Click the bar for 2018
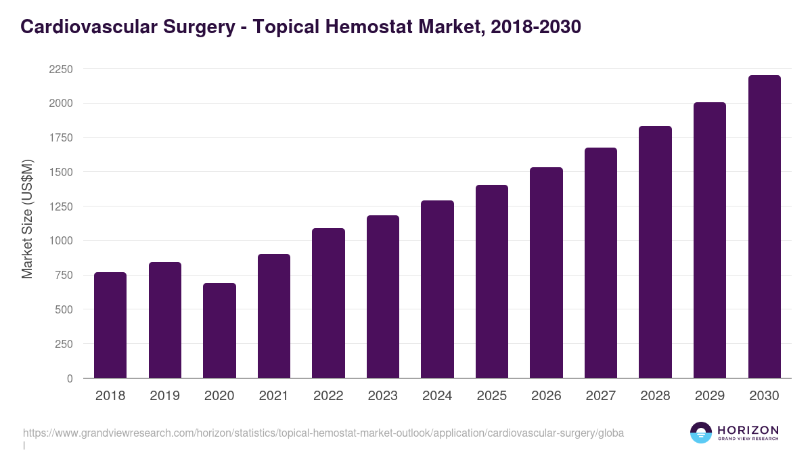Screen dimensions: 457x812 110,325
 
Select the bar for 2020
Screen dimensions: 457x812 219,330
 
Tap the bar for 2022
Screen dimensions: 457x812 328,303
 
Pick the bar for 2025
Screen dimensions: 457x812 492,282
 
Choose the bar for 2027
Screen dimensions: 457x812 601,263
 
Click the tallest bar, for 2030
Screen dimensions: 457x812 764,227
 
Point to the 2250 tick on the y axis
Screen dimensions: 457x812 61,69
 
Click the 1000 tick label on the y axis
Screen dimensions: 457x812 61,241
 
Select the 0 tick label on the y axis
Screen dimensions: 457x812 69,378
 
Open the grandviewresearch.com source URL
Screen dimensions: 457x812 323,433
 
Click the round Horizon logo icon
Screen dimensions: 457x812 700,433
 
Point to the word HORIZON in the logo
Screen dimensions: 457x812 748,429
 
